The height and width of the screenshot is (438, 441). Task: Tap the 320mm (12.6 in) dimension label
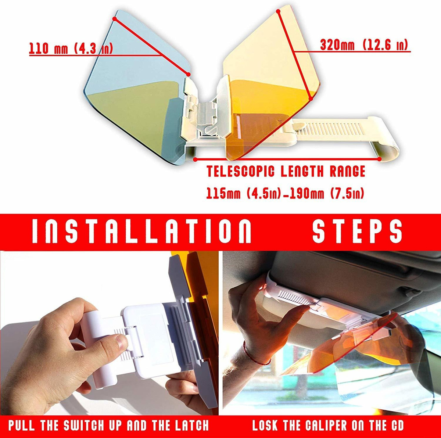coord(364,45)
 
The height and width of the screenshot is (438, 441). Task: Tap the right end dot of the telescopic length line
coord(380,159)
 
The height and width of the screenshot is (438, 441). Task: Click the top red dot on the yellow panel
coord(278,11)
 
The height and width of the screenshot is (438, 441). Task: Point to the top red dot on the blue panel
coord(114,19)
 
